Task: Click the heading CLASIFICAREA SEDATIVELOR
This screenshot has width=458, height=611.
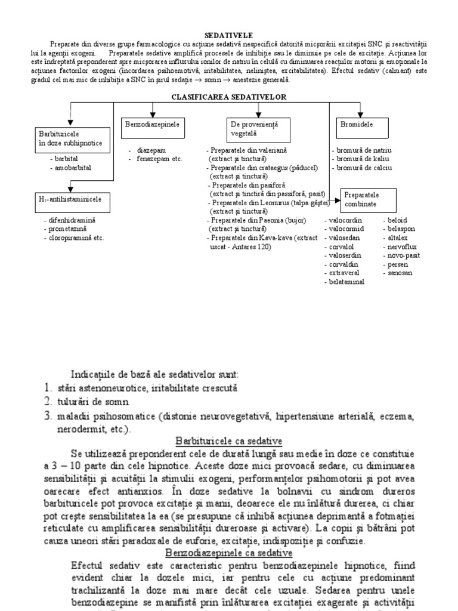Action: coord(229,96)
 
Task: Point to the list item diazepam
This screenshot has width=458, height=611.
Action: coord(151,151)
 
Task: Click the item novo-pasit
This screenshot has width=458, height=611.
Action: coord(404,255)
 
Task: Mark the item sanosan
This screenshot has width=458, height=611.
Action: coord(400,273)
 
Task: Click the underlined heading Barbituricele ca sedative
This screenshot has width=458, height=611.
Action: coord(228,440)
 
